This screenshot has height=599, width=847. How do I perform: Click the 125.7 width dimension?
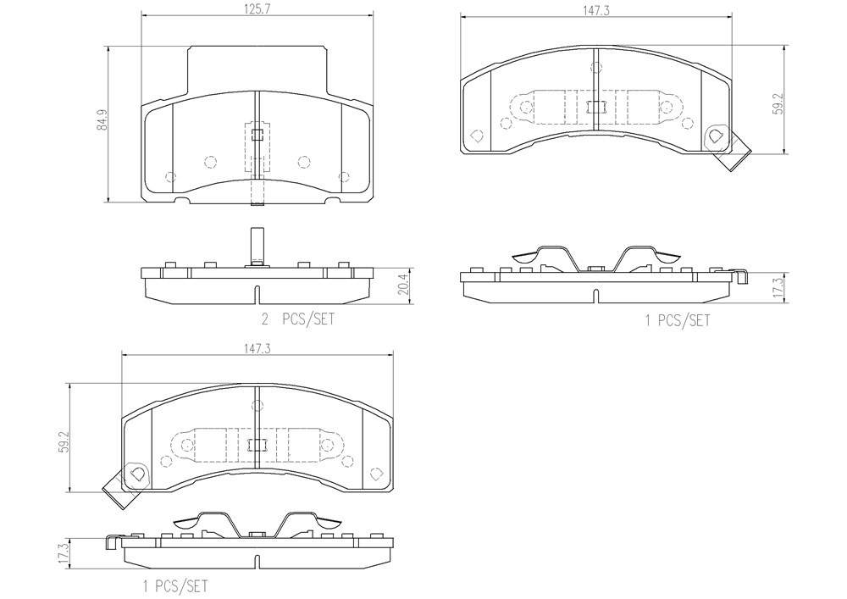point(257,10)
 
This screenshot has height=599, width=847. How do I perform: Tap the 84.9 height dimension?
point(101,119)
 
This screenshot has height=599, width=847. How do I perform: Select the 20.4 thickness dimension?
point(402,286)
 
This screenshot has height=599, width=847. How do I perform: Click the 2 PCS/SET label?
point(297,319)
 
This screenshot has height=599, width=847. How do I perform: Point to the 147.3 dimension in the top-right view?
point(595,10)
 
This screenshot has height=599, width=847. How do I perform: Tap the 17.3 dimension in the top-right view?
point(777,287)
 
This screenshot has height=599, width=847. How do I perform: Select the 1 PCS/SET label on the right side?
point(678,320)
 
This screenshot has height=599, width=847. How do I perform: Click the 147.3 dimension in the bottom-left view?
point(257,348)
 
